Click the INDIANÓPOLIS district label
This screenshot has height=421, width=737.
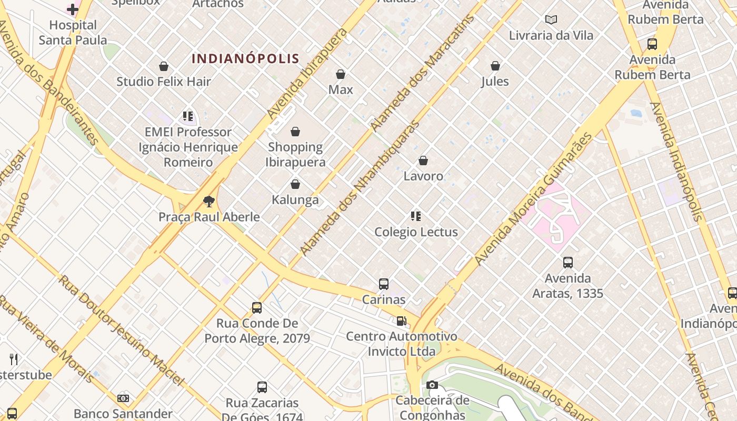(x=245, y=58)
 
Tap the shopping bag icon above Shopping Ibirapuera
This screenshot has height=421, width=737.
(x=295, y=132)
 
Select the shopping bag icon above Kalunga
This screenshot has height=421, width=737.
(x=295, y=184)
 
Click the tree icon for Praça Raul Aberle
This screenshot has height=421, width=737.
(x=209, y=201)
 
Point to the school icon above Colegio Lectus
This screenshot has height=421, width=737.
(x=416, y=216)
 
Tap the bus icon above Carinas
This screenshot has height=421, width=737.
(x=384, y=284)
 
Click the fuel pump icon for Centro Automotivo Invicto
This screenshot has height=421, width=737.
(x=402, y=320)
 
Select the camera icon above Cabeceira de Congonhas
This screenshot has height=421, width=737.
(x=432, y=385)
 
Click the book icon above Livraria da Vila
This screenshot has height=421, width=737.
(x=551, y=20)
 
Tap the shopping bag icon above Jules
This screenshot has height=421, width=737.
(x=495, y=66)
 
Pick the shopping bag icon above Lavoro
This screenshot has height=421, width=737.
(x=423, y=161)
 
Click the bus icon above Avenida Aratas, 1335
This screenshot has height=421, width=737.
(x=567, y=262)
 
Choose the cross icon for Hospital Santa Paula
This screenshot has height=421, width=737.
(x=73, y=9)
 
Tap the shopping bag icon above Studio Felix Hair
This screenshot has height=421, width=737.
(x=164, y=66)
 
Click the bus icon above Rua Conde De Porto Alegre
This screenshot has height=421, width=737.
(x=257, y=308)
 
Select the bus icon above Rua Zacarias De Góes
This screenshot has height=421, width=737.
(x=262, y=387)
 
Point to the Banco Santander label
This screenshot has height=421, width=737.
(x=123, y=414)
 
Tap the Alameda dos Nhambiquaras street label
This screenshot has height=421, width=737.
(x=360, y=188)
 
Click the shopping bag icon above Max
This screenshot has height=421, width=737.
(x=341, y=74)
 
